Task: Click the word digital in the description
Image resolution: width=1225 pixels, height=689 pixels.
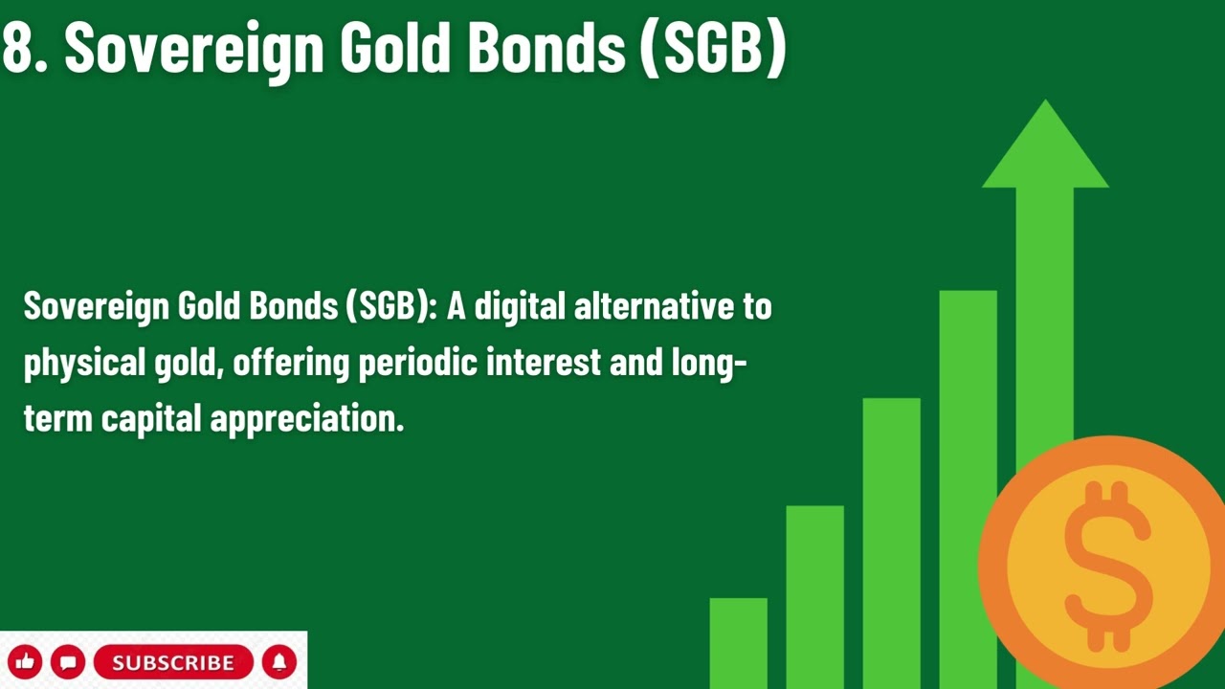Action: click(521, 307)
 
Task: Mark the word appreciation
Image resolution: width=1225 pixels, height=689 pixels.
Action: click(306, 419)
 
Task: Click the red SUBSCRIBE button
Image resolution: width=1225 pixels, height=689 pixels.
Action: click(173, 662)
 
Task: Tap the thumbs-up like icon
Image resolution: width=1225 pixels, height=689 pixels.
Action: click(25, 662)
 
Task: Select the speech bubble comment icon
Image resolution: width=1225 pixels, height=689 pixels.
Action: click(68, 662)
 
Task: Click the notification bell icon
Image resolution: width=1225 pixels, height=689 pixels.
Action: click(279, 662)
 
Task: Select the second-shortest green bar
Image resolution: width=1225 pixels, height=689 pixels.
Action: click(814, 593)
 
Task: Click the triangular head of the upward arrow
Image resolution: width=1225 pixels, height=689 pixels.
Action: click(1045, 148)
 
